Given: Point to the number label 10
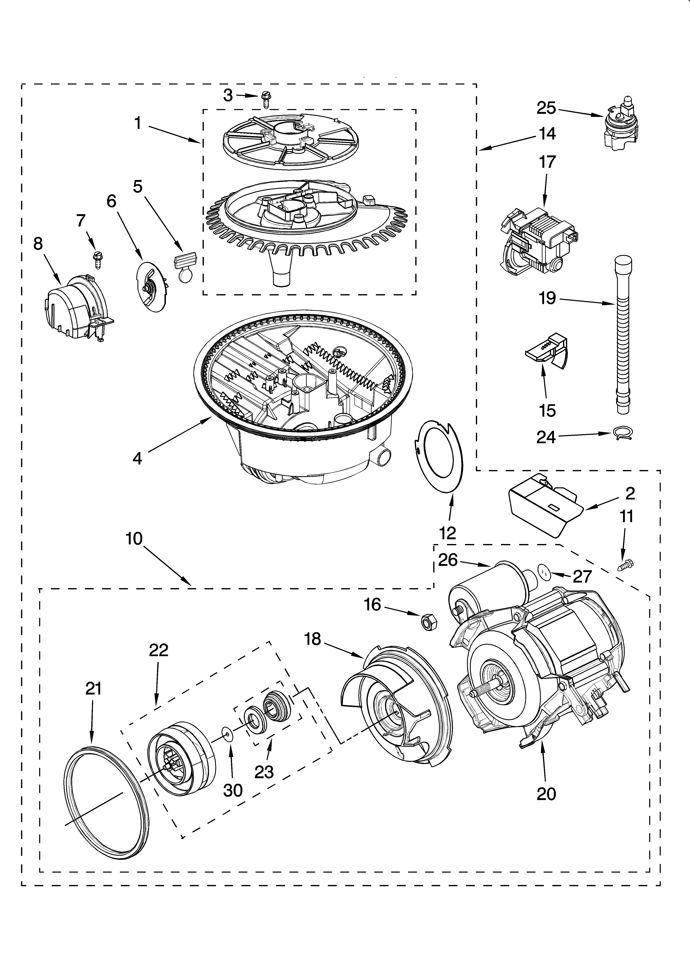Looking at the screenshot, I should click(134, 538).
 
